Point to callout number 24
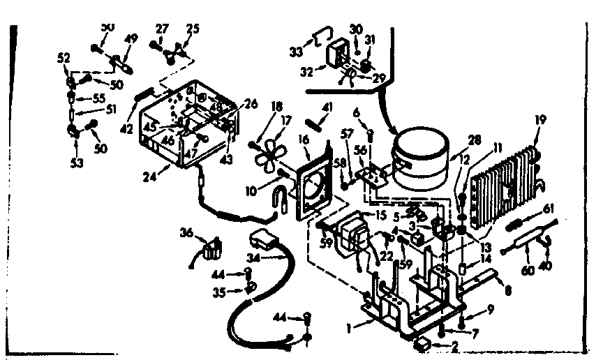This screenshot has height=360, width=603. coord(147,177)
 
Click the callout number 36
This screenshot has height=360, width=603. coord(186,232)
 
